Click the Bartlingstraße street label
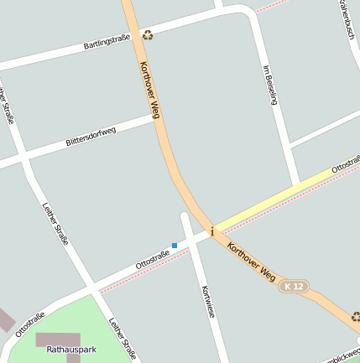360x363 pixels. pos(107,41)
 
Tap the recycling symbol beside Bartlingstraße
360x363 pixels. pos(148,34)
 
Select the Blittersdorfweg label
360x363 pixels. pos(91,137)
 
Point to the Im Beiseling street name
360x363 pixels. pos(270,85)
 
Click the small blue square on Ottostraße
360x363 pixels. pos(175,245)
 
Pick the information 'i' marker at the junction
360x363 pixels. pos(212,231)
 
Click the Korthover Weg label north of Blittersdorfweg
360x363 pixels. pos(149,88)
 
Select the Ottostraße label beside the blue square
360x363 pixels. pos(152,260)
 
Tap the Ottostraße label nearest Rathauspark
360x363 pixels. pos(30,324)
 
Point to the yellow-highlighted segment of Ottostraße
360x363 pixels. pos(277,198)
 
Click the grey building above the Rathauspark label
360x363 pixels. pos(52,339)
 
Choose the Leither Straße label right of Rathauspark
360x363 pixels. pos(123,338)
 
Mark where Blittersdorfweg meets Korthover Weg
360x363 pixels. pos(156,118)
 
